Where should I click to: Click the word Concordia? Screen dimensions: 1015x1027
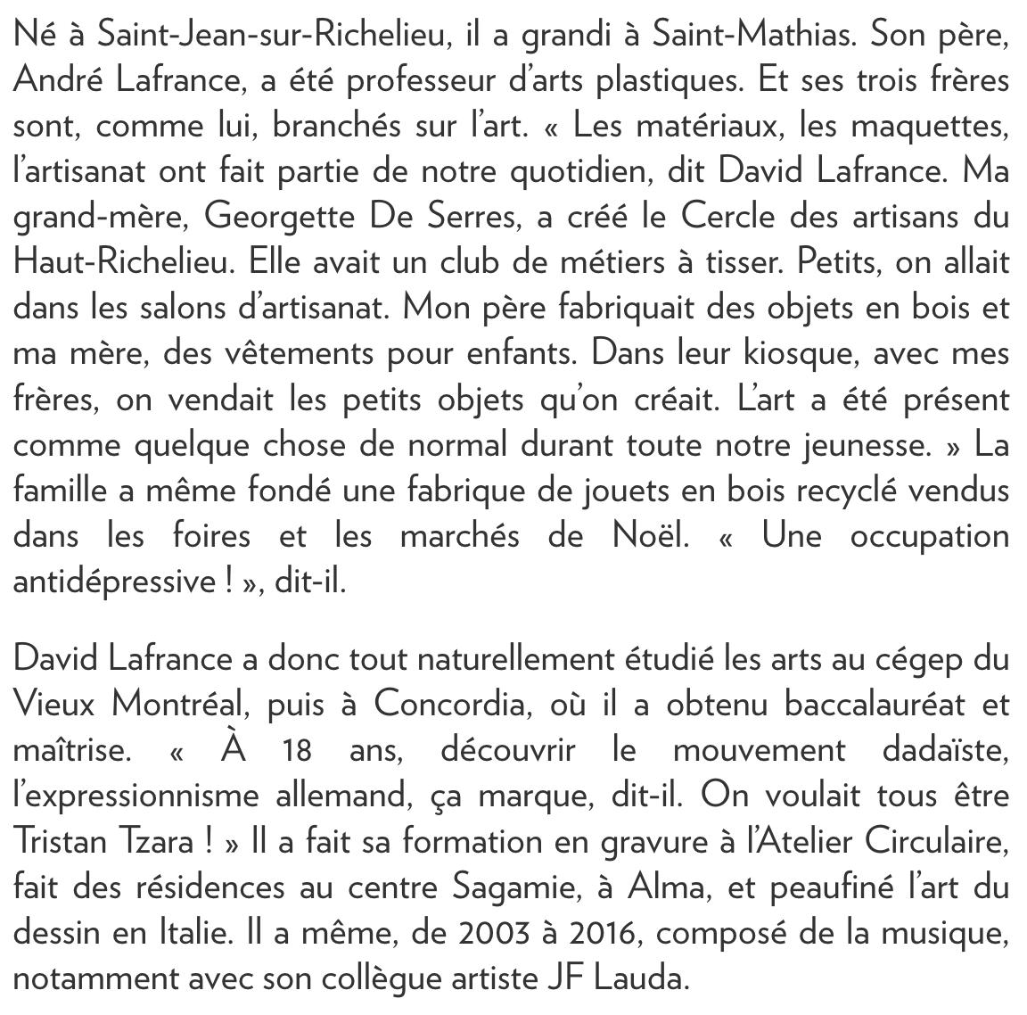pyautogui.click(x=463, y=704)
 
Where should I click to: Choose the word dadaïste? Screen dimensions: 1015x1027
pyautogui.click(x=945, y=749)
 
